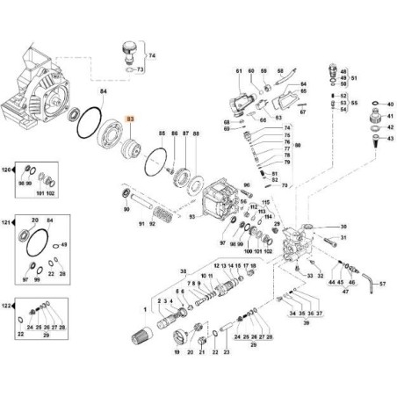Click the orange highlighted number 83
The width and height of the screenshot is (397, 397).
point(132,118)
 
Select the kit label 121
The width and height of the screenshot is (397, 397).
point(10,224)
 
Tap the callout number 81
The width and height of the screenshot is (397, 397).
point(238,69)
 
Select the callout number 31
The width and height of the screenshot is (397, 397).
point(343,237)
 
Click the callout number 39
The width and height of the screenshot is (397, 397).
point(308,323)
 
